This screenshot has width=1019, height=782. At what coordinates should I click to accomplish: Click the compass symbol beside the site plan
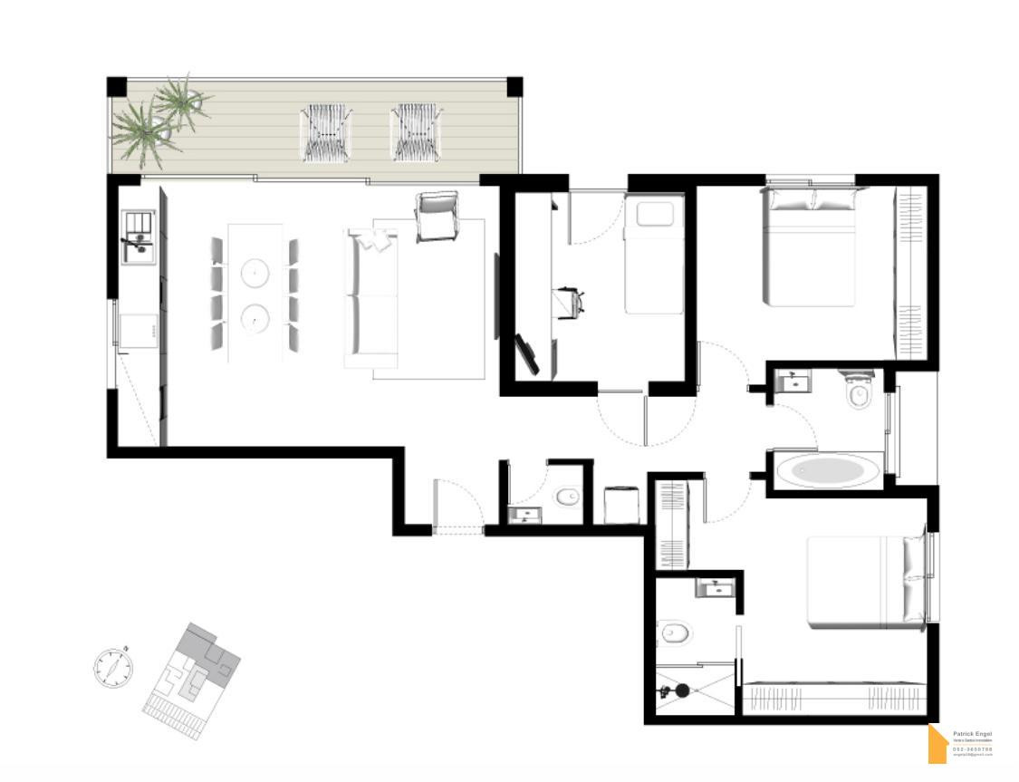click(x=113, y=668)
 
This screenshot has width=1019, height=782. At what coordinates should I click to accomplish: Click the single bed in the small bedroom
click(x=653, y=256)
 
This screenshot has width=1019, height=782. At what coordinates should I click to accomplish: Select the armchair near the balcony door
click(x=437, y=217)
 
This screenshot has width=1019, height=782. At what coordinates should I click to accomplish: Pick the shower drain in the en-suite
click(x=682, y=690)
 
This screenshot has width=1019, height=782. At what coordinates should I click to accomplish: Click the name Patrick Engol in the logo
click(x=972, y=735)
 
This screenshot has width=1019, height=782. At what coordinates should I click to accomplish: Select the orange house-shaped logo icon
click(x=937, y=746)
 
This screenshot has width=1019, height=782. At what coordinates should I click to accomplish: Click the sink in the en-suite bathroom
click(x=715, y=588)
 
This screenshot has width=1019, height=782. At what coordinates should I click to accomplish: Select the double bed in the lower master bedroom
click(x=865, y=581)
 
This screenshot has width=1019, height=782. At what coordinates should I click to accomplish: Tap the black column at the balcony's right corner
click(x=514, y=87)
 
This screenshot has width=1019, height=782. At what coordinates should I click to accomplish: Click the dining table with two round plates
click(x=255, y=293)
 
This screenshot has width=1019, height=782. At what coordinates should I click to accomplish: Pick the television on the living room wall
click(x=496, y=296)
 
